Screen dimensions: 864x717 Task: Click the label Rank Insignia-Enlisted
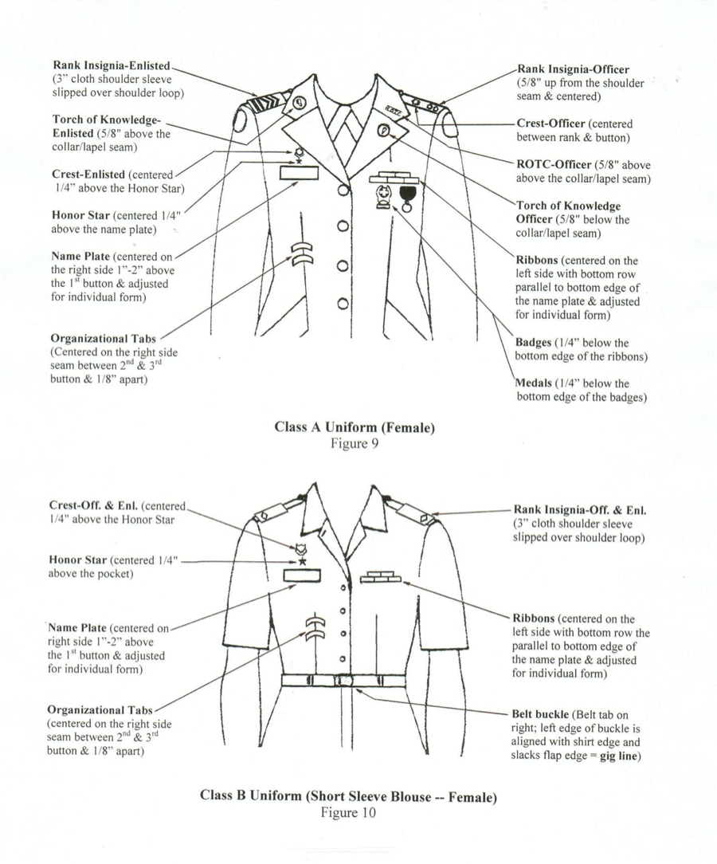tap(112, 65)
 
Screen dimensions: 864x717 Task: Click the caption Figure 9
tap(353, 444)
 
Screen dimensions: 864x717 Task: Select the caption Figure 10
tap(347, 812)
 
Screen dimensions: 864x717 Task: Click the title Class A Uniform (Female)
tap(354, 427)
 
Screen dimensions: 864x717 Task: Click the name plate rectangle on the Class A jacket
tap(300, 172)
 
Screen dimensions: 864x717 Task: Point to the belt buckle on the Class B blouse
tap(343, 680)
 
